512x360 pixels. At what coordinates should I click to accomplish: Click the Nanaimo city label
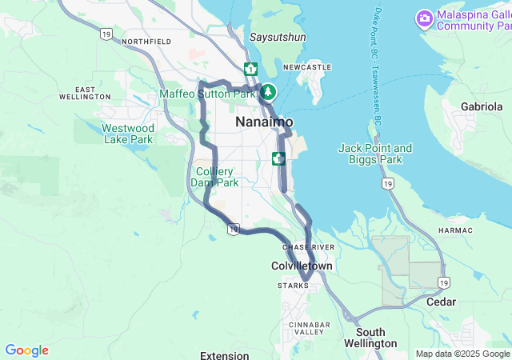point(264,122)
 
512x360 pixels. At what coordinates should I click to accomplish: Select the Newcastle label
point(306,67)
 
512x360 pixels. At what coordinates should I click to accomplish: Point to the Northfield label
point(146,41)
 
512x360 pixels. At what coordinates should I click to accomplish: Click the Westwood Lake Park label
point(128,133)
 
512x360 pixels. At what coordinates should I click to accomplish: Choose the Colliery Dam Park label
point(214,177)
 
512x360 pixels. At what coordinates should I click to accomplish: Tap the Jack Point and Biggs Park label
point(374,154)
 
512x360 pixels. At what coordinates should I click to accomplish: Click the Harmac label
point(456,230)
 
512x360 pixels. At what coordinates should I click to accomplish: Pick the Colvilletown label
point(302,265)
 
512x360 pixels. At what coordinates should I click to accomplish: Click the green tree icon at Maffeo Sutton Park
point(268,92)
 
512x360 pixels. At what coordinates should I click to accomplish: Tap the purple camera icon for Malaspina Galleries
point(424,18)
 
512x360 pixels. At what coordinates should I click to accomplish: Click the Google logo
point(26,350)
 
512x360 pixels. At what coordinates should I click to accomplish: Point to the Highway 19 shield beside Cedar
point(442,283)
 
